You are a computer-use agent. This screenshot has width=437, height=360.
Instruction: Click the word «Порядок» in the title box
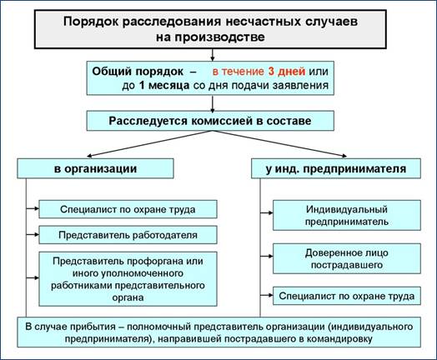pyautogui.click(x=90, y=22)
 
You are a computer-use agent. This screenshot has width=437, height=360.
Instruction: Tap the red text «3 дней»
pyautogui.click(x=287, y=72)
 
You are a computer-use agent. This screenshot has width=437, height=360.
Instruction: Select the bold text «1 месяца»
pyautogui.click(x=164, y=85)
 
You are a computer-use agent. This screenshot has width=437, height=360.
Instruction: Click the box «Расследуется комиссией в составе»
pyautogui.click(x=210, y=121)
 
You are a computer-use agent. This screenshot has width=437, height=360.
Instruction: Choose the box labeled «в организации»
pyautogui.click(x=95, y=168)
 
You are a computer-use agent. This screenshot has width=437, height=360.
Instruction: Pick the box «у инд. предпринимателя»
pyautogui.click(x=336, y=168)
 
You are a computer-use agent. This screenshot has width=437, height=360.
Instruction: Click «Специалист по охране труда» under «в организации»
pyautogui.click(x=128, y=209)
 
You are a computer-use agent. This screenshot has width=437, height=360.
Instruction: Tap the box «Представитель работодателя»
pyautogui.click(x=128, y=235)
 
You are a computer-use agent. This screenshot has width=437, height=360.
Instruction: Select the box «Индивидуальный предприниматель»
pyautogui.click(x=346, y=215)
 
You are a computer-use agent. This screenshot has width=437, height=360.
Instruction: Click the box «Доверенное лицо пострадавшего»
pyautogui.click(x=346, y=258)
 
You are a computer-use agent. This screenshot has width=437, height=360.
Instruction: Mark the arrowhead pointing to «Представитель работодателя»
pyautogui.click(x=37, y=234)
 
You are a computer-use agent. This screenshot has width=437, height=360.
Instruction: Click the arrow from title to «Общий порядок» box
pyautogui.click(x=213, y=55)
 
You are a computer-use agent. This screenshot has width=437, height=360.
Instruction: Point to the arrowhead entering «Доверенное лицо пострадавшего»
pyautogui.click(x=270, y=256)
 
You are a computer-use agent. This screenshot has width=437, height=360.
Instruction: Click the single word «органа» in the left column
pyautogui.click(x=128, y=297)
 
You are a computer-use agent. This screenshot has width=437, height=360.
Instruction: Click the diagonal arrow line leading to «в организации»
pyautogui.click(x=149, y=143)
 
